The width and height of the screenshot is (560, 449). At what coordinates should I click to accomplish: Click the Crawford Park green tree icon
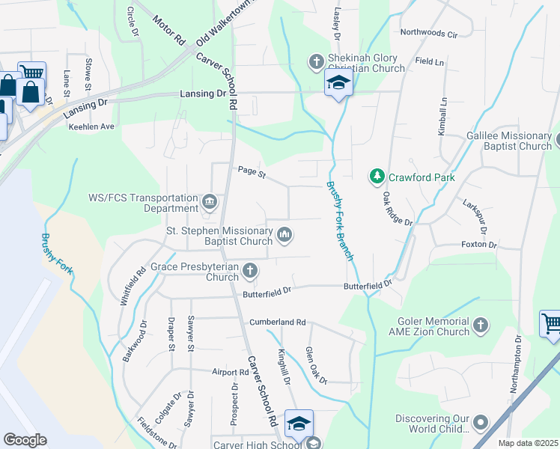pos(376,177)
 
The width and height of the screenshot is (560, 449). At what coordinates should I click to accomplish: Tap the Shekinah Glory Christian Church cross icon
pos(316,60)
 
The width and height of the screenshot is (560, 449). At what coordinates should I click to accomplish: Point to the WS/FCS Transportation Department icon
pos(210,201)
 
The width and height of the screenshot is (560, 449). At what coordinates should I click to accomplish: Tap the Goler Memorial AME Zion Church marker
pos(480,326)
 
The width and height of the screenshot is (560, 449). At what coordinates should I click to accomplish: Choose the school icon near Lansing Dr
pos(338,84)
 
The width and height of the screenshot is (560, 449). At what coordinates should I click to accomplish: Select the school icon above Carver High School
pos(299,424)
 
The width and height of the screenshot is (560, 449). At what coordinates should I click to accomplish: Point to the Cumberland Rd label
pos(278,323)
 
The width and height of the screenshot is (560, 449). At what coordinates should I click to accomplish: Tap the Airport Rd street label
pos(230,372)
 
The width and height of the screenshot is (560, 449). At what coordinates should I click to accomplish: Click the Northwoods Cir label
pos(428,34)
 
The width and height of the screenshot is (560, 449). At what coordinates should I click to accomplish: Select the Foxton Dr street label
pos(479,245)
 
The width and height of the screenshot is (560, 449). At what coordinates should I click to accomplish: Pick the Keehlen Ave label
pos(91,126)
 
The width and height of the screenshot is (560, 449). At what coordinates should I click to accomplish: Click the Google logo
pos(25,440)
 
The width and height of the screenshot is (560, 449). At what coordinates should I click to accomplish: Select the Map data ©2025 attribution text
pos(528,444)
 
